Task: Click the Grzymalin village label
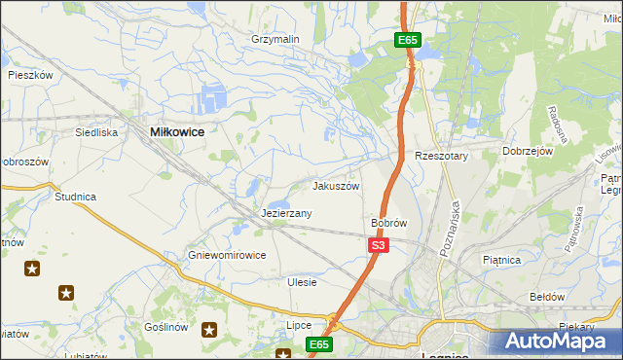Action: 275,39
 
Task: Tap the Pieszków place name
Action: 29,74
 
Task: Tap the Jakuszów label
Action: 336,186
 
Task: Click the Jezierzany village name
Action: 286,213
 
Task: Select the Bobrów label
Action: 388,223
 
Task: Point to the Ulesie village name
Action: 302,282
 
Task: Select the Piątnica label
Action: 502,260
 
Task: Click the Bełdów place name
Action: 546,296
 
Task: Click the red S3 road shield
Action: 379,246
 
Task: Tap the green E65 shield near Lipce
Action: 319,344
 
